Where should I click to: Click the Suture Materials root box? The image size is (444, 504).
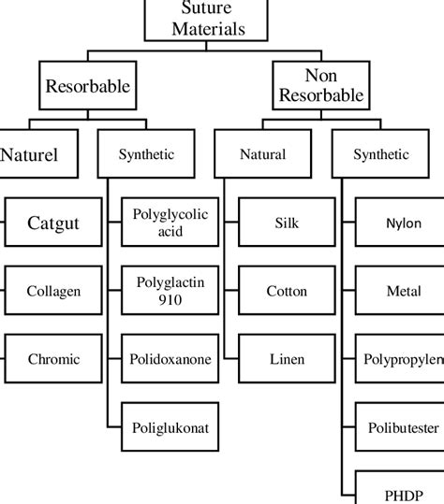point(195,20)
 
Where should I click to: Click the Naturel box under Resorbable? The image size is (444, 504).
point(29,154)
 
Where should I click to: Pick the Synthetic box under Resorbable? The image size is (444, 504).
point(146,154)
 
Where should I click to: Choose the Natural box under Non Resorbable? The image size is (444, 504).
point(262,154)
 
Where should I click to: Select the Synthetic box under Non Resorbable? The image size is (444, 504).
point(381,154)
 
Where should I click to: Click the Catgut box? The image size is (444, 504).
point(52,223)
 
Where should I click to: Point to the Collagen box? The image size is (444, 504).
point(52,292)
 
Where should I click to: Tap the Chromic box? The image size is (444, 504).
point(52,359)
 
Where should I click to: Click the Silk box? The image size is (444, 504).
point(287,223)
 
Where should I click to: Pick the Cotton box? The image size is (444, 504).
point(287,292)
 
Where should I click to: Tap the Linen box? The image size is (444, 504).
point(287,359)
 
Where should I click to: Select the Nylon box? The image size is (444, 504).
point(403,223)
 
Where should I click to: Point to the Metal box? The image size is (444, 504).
point(403,292)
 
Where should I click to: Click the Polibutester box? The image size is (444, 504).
point(403,429)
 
